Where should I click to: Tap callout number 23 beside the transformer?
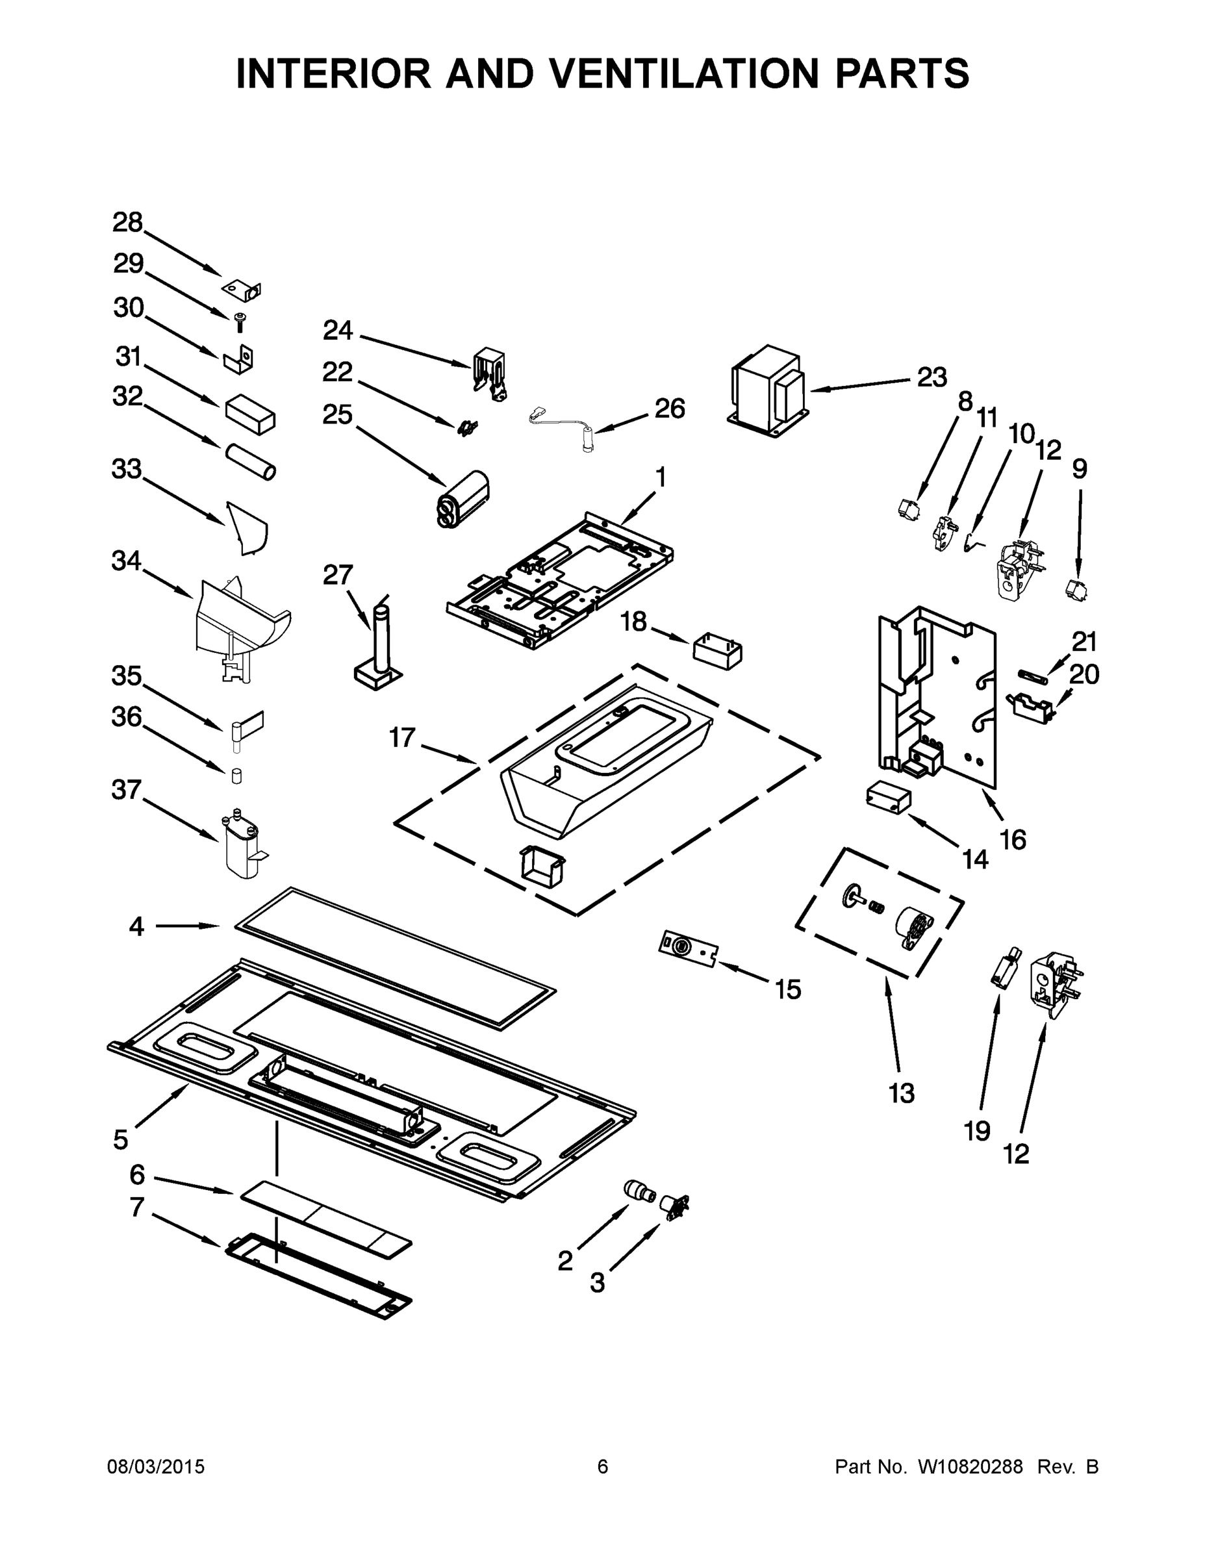point(932,377)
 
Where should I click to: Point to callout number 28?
point(128,223)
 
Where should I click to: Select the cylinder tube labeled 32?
point(251,462)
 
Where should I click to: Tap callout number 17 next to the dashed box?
point(402,737)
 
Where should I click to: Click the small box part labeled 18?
point(717,650)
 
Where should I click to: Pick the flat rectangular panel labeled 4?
point(395,957)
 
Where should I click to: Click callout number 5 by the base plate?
point(121,1139)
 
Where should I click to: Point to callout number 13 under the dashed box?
point(901,1093)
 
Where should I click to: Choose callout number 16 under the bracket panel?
point(1013,839)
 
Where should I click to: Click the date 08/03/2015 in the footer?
point(156,1466)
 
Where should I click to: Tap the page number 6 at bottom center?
point(603,1466)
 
